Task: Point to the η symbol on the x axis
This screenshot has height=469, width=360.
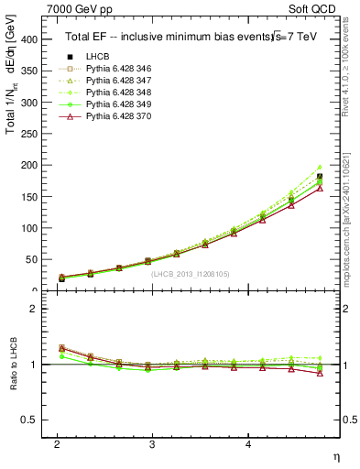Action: [336, 455]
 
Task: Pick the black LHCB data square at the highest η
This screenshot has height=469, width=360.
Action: [320, 177]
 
